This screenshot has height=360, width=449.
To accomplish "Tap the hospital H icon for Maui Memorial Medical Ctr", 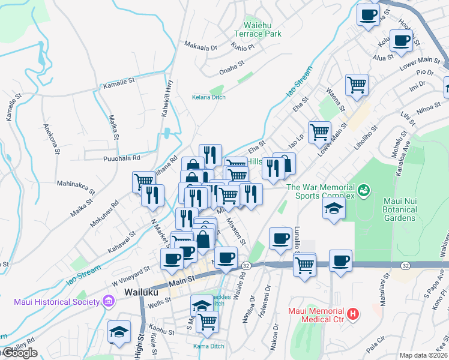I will point(354,313).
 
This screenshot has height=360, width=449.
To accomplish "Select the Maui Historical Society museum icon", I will point(109,301).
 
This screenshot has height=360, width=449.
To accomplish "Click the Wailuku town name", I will point(140,292).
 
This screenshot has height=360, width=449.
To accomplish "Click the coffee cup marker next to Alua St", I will point(401,41).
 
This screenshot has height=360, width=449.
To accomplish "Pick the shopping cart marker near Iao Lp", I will point(319,131).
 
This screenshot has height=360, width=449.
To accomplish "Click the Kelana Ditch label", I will point(208,97).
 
